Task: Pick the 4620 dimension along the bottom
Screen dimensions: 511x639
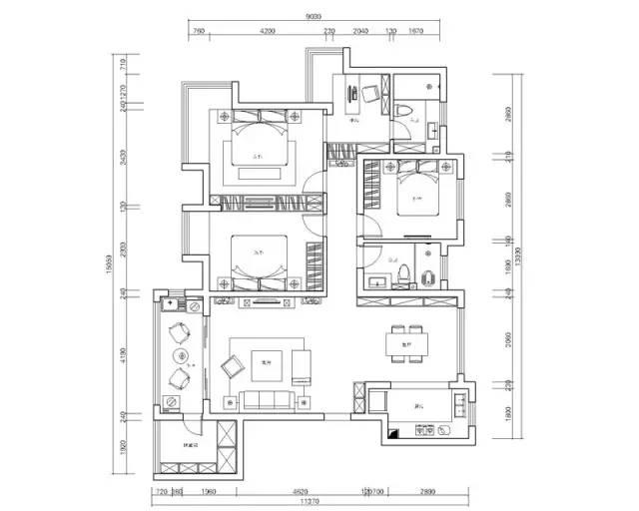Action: (299, 491)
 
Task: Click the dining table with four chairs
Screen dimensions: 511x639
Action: (406, 339)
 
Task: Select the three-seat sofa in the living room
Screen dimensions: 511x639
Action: (266, 400)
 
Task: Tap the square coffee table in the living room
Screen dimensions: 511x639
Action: (266, 364)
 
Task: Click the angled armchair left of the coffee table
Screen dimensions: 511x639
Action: (231, 367)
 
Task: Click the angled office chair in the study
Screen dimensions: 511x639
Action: (369, 96)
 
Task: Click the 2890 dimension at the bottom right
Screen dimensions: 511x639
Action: (427, 491)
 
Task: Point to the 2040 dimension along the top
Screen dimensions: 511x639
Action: (362, 32)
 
